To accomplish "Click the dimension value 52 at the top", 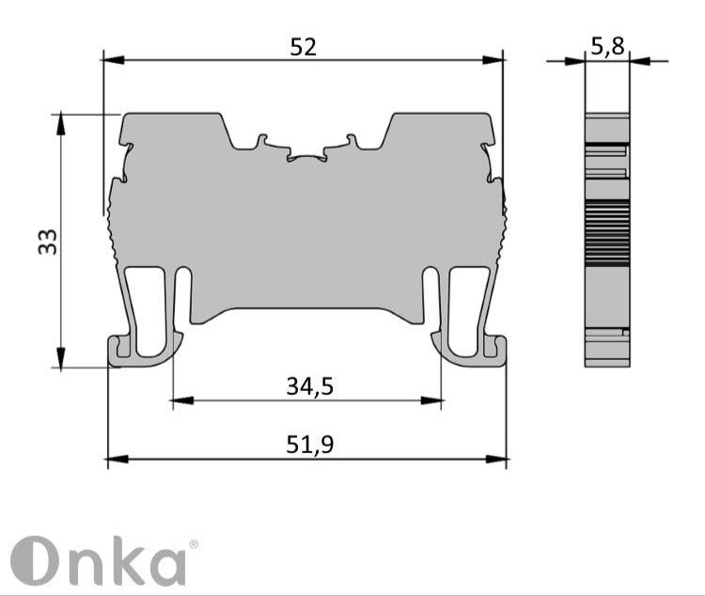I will pos(303,46).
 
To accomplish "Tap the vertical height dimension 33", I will pos(48,242).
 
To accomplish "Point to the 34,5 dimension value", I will pos(310,385).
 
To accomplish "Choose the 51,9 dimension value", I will pos(310,446).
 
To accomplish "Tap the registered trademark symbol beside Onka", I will pos(194,544).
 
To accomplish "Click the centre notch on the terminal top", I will pos(306,155).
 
